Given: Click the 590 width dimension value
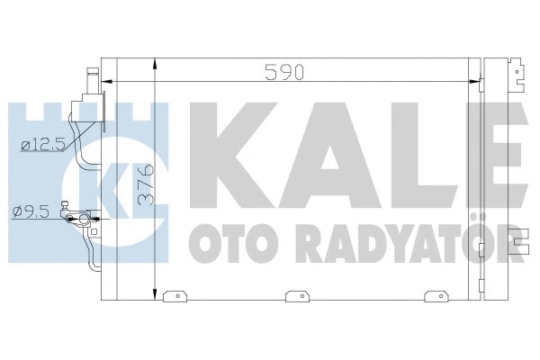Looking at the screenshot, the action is click(284, 72).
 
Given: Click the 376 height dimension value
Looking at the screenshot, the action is click(147, 184).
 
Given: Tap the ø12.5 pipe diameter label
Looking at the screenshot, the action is click(43, 145).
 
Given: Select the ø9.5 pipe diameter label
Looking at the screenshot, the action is click(31, 211).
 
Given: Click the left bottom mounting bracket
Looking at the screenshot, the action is click(175, 296).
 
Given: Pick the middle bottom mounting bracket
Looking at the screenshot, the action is click(298, 296).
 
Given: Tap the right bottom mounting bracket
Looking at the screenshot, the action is click(436, 296).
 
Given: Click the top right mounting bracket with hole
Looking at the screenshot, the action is click(517, 75).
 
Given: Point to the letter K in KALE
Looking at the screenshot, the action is click(233, 156).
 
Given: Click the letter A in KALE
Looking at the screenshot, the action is click(331, 156).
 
